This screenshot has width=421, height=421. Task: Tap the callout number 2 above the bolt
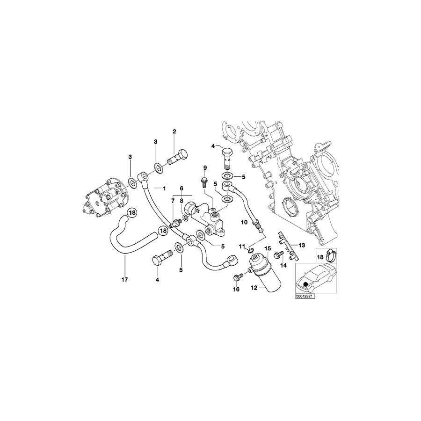(174, 131)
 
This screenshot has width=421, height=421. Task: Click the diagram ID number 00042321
(305, 296)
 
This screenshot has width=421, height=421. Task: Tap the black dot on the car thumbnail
(305, 283)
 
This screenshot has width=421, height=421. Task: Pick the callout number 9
(204, 167)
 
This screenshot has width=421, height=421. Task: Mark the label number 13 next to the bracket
(302, 245)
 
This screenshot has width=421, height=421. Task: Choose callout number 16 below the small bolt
(236, 290)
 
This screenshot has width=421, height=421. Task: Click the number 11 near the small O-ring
(242, 246)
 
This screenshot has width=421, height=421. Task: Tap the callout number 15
(268, 248)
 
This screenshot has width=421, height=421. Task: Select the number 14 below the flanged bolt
(283, 265)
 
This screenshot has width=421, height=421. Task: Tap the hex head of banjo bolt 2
(184, 154)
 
